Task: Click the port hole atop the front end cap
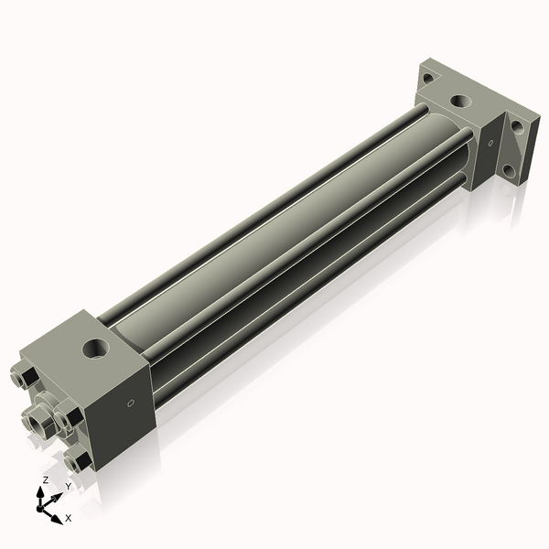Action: (x=94, y=349)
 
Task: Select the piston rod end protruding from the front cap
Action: (x=38, y=419)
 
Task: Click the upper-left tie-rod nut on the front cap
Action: (x=26, y=375)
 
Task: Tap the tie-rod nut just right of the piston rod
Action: (x=66, y=417)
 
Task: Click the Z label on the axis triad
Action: (x=46, y=480)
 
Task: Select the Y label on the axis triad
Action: (x=67, y=486)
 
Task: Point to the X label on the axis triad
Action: (x=68, y=518)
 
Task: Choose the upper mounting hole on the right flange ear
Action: (x=521, y=128)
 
